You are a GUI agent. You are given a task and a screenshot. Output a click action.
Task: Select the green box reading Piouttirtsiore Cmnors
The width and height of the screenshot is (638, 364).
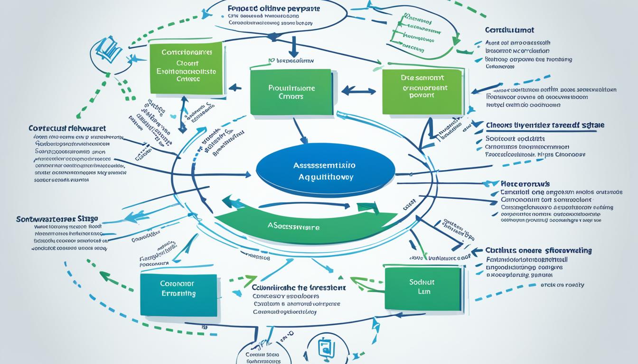[291, 92]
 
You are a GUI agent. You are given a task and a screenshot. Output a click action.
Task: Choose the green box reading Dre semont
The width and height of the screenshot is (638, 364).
[422, 91]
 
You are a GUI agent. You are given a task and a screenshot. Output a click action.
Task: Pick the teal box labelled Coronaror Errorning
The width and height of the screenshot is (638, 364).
[178, 294]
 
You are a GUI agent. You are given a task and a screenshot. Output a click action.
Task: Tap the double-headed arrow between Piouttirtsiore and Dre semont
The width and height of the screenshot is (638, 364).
[358, 90]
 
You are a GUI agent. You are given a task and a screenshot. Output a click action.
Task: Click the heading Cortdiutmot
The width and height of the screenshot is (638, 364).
[509, 30]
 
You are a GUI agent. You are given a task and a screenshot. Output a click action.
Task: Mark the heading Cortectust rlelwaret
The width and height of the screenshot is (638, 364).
[67, 128]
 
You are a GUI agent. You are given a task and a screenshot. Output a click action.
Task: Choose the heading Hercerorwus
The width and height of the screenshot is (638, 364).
[525, 183]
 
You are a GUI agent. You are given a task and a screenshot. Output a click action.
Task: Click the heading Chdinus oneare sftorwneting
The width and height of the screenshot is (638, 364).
[538, 250]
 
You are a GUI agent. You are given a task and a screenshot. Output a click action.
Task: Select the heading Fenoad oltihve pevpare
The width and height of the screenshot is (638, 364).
[273, 9]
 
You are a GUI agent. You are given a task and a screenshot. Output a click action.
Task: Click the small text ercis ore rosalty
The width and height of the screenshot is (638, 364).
[562, 285]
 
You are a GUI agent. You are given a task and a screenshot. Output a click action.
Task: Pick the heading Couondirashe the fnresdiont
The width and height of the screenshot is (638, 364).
[298, 287]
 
